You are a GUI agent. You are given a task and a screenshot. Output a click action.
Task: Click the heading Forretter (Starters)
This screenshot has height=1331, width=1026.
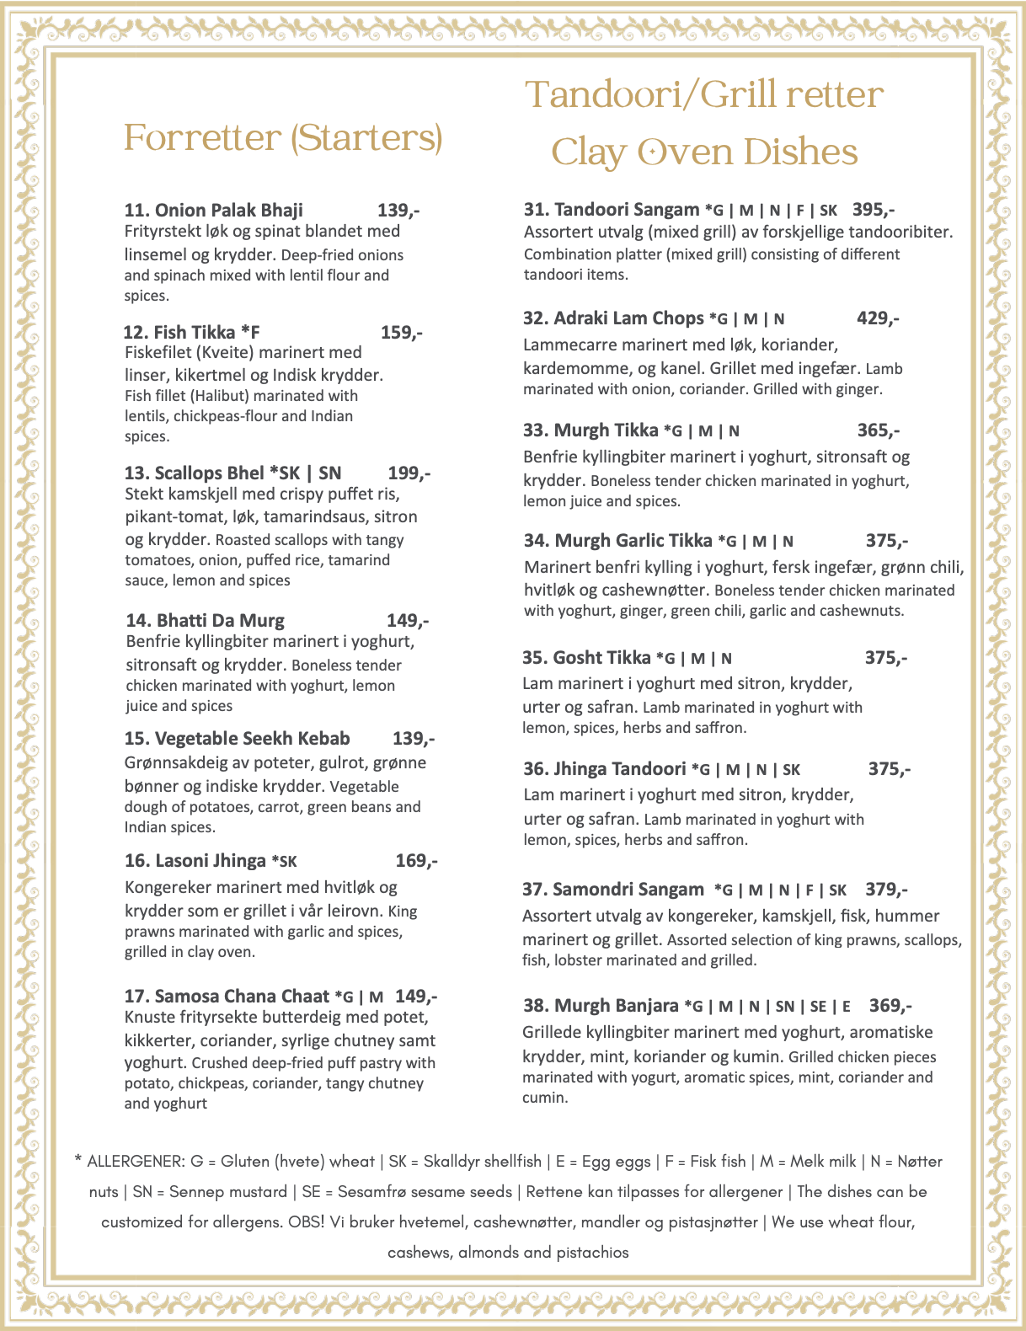coord(283,138)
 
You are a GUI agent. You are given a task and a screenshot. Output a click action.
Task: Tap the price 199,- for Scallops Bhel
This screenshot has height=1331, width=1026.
coord(409,473)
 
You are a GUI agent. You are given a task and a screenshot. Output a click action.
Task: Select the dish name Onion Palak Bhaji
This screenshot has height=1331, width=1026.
coord(213,211)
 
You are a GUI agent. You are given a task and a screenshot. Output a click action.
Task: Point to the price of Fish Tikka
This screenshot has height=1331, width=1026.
coord(401,333)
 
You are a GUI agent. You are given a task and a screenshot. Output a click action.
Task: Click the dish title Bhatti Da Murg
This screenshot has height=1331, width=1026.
coord(205,621)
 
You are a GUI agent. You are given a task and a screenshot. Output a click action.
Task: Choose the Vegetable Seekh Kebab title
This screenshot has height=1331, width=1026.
coord(237,739)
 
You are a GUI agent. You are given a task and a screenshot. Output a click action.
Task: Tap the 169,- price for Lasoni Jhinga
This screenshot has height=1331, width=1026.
coord(416,861)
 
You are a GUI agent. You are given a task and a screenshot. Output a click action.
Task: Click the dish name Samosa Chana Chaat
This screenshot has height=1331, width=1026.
coord(227,997)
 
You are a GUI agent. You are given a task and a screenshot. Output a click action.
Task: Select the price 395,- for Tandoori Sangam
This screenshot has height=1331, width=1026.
coord(874,210)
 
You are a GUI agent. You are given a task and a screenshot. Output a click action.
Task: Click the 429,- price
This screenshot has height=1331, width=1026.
coord(878,318)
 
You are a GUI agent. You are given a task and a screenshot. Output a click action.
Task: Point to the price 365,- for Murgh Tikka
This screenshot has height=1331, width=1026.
coord(878,430)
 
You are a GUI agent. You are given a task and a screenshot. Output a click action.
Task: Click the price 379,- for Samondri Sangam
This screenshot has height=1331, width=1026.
coord(886,890)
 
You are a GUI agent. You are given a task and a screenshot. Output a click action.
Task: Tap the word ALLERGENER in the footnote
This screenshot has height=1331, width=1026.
coord(135,1162)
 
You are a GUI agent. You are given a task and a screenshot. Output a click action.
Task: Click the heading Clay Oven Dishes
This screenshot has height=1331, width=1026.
coord(704,153)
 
